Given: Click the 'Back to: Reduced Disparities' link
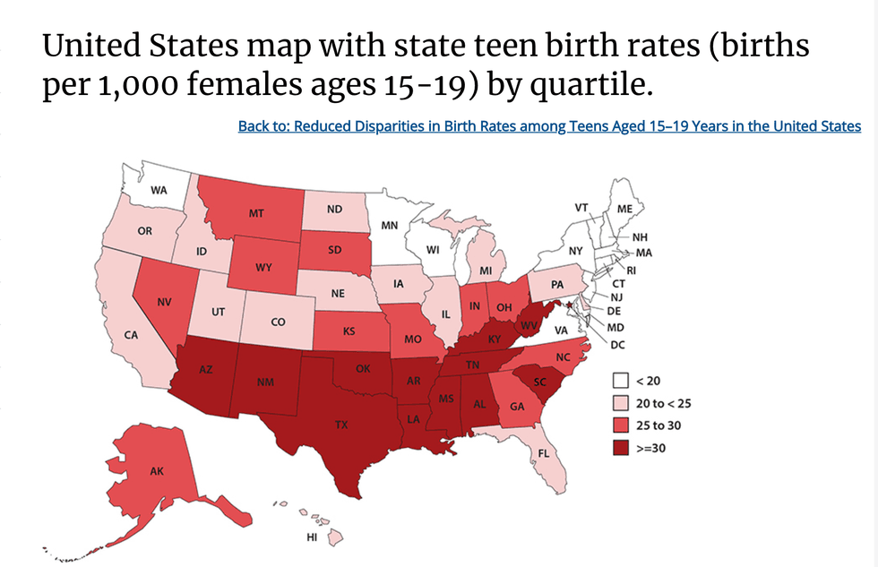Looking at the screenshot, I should pyautogui.click(x=549, y=126).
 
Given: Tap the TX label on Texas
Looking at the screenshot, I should pyautogui.click(x=341, y=425).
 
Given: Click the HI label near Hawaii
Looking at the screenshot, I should pyautogui.click(x=311, y=537).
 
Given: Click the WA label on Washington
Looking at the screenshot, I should pyautogui.click(x=159, y=190).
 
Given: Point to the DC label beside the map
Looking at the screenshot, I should pyautogui.click(x=617, y=344).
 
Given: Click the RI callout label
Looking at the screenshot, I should pyautogui.click(x=631, y=269).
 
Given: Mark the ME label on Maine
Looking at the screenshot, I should pyautogui.click(x=625, y=209).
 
